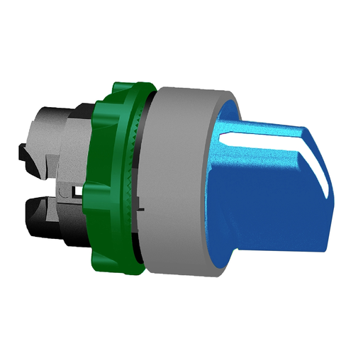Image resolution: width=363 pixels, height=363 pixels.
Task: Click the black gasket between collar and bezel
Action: pyautogui.click(x=145, y=177)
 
